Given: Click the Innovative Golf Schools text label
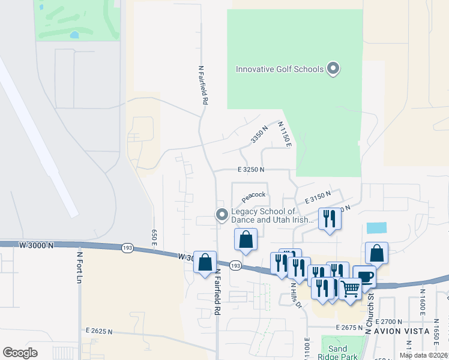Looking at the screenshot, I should point(279,69).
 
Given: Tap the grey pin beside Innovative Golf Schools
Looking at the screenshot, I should point(333,68).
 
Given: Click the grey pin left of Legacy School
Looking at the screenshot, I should point(222,214).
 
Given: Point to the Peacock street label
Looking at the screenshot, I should point(253,195).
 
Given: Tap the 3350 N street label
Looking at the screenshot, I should point(259,137).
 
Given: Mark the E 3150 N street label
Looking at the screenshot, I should point(318,196).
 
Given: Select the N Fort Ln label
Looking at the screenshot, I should point(79,267).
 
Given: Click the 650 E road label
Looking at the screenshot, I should point(154,237).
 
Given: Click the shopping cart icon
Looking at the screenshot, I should point(349,288).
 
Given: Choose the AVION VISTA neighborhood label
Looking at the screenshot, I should point(402,331).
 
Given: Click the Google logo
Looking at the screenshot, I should point(20,353).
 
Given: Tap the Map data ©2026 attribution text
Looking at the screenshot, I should point(424,355).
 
